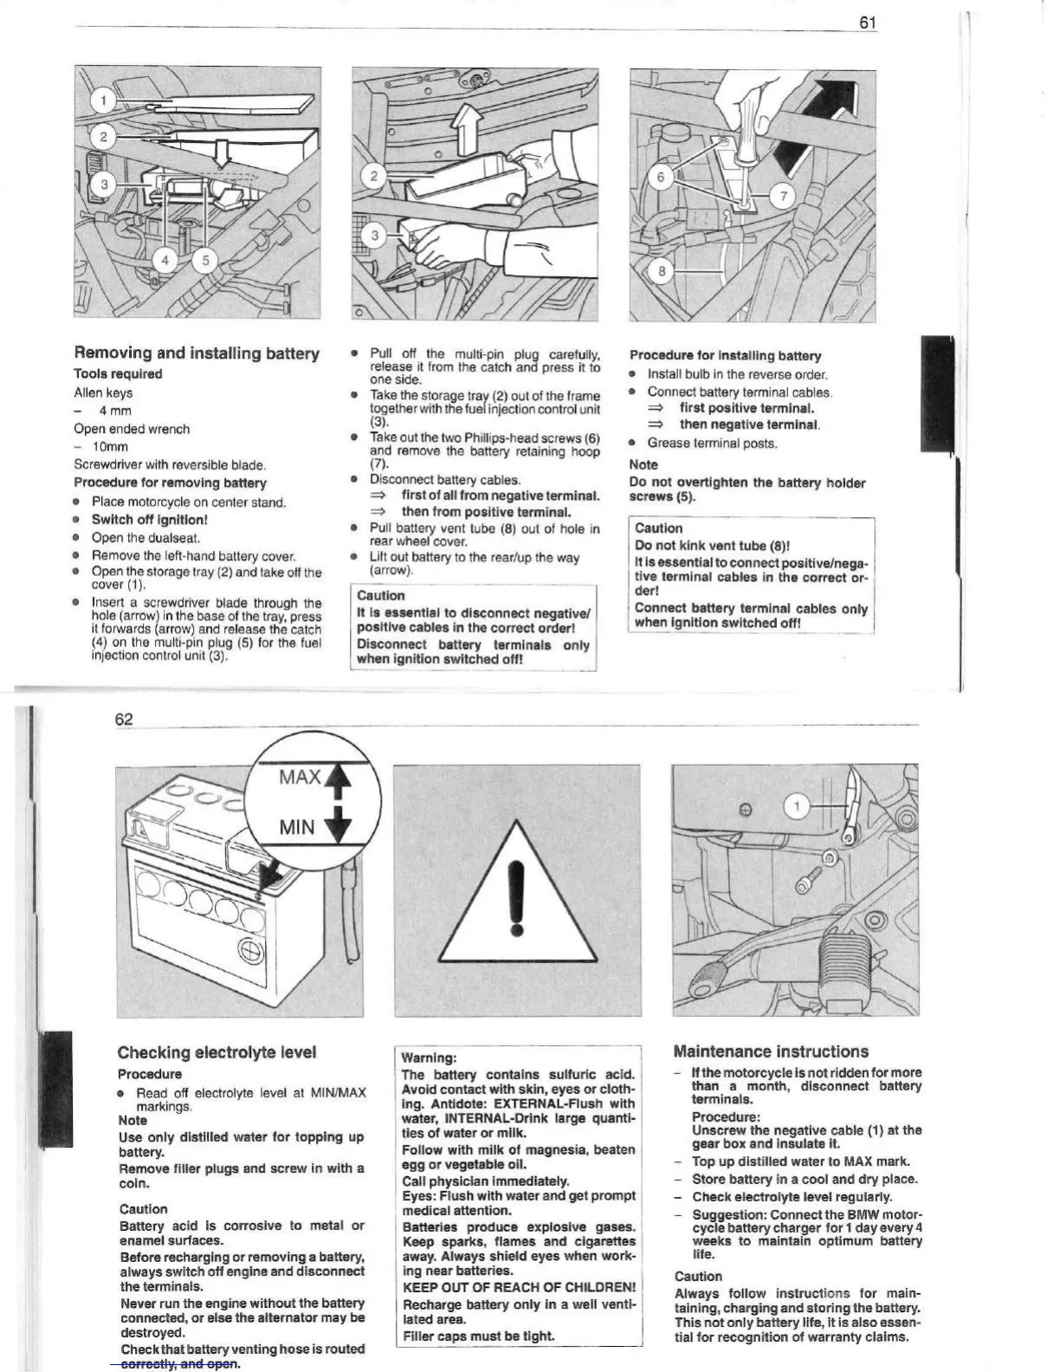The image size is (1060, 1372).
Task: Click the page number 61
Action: [x=868, y=23]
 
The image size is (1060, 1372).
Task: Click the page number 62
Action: [x=124, y=719]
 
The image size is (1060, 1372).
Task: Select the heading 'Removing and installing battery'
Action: [x=197, y=353]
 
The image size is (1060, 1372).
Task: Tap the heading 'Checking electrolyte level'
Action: [x=217, y=1052]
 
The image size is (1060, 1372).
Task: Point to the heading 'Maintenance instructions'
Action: [x=771, y=1052]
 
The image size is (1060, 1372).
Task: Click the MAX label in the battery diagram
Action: [x=300, y=777]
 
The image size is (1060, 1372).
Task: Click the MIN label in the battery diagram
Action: [x=297, y=827]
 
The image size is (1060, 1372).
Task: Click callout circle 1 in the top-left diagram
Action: [x=103, y=101]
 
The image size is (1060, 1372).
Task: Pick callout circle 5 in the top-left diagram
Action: [x=205, y=260]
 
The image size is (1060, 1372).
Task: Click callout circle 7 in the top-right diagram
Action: [x=783, y=196]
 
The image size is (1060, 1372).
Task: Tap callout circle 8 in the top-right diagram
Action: [x=662, y=271]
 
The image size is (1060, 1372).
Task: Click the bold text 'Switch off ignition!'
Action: [x=150, y=520]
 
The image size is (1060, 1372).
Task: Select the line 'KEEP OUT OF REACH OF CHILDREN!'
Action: [x=519, y=1287]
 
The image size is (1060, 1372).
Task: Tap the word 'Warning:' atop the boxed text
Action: [x=429, y=1058]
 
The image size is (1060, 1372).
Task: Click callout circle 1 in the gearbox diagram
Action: [x=796, y=806]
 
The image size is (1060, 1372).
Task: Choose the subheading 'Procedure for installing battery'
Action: [x=725, y=356]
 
